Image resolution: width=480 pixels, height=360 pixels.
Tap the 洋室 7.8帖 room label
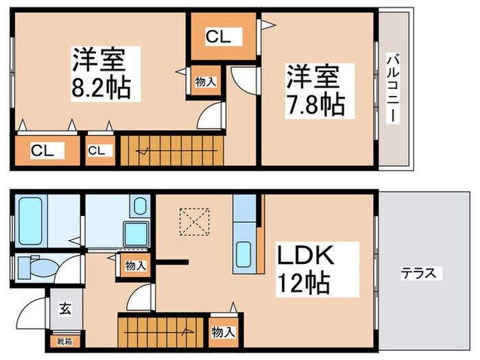315,90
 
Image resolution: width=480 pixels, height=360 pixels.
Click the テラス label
418,274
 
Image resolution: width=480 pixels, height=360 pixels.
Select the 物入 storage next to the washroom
135,265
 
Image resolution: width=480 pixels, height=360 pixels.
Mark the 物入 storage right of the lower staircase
223,332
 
